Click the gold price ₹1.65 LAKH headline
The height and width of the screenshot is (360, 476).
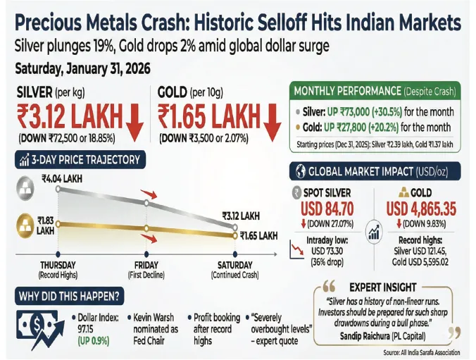click(209, 116)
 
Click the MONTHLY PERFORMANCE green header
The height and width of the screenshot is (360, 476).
click(375, 91)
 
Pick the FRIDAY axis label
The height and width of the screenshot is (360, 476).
click(146, 266)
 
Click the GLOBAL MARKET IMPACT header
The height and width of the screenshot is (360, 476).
click(375, 171)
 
